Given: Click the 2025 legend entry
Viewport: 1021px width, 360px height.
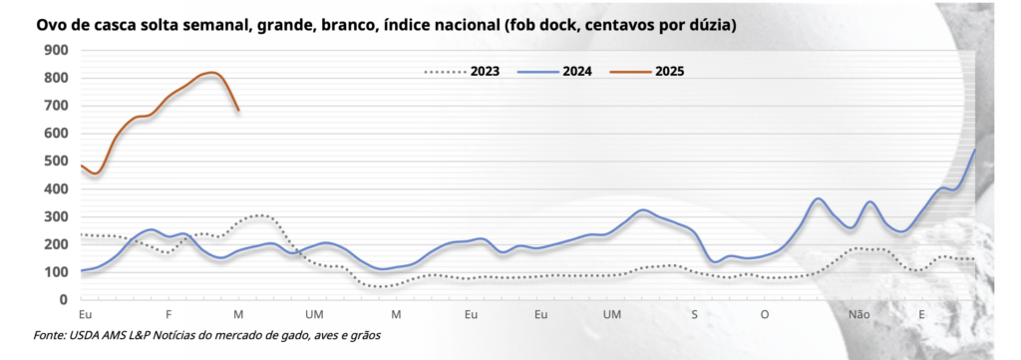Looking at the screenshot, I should [669, 71].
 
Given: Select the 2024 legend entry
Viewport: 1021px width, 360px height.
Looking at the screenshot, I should [575, 71].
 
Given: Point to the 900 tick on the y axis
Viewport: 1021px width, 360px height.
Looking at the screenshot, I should [55, 50].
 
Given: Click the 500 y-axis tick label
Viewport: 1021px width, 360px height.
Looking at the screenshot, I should [55, 161].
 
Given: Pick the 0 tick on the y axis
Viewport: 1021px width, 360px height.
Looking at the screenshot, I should [64, 299].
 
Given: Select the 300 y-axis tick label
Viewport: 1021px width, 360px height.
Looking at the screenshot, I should [55, 216].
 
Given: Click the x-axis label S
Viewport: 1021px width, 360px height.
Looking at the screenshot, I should [694, 315].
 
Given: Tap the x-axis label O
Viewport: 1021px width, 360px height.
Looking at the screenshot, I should [765, 315].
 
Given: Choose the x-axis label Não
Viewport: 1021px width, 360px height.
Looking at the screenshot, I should [859, 315].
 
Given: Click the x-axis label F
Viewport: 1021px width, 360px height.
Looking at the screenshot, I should [169, 315].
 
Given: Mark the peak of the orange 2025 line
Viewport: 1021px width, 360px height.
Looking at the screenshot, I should [211, 73].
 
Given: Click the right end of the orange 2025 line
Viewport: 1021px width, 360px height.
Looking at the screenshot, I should [239, 110].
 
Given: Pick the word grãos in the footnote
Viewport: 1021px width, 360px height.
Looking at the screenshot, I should [363, 335].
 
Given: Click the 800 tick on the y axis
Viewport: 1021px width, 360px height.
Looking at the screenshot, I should [55, 78].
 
